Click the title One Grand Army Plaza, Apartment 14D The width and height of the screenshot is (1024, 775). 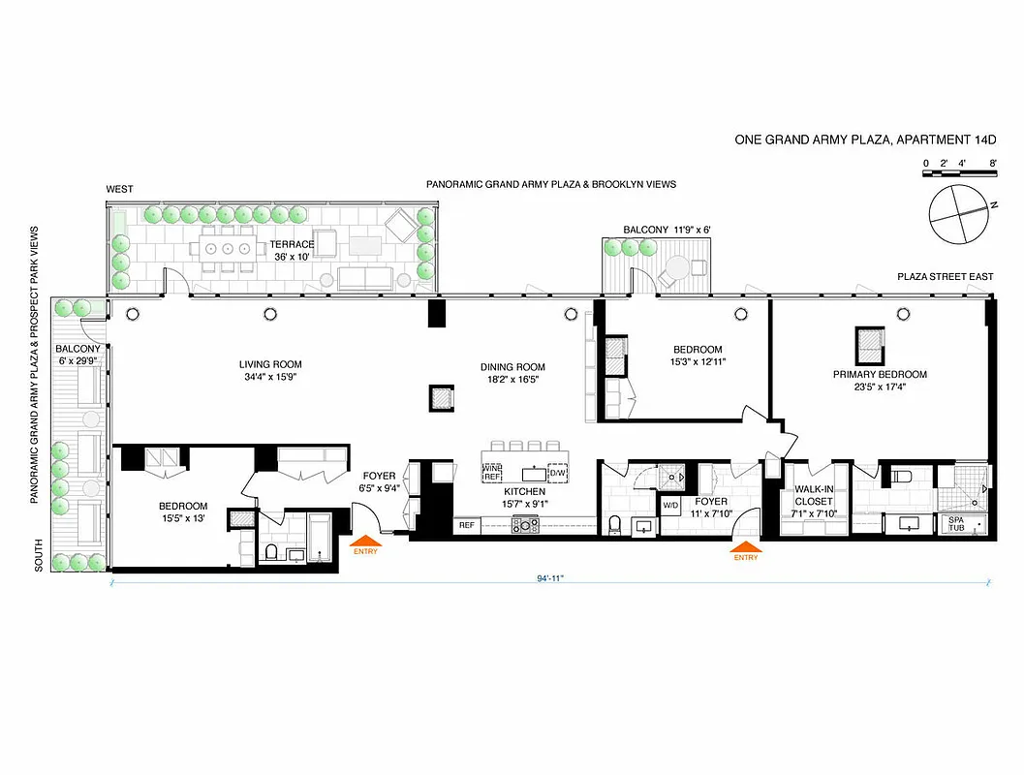(x=865, y=139)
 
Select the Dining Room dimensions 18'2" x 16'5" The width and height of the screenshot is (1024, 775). (x=512, y=380)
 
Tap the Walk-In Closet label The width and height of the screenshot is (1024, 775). (x=814, y=495)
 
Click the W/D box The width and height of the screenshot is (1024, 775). (x=670, y=506)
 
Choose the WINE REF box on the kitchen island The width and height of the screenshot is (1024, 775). (x=493, y=473)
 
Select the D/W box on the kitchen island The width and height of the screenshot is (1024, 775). (x=558, y=474)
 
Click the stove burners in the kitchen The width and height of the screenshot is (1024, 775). (x=525, y=525)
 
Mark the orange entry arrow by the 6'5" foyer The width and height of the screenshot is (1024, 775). (x=366, y=544)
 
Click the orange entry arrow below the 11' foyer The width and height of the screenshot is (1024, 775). (x=745, y=549)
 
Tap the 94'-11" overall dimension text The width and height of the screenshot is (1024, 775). (x=548, y=577)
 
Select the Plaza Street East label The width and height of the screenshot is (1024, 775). (x=945, y=277)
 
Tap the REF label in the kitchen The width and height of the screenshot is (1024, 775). (x=467, y=525)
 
